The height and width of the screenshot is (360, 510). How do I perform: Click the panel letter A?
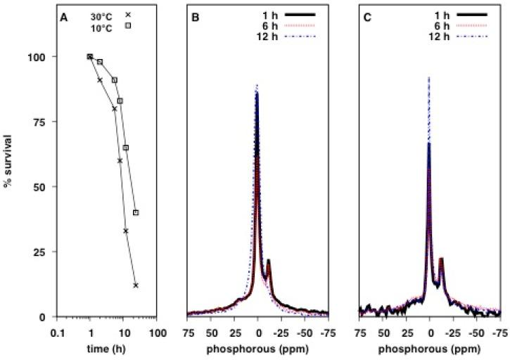coord(64,18)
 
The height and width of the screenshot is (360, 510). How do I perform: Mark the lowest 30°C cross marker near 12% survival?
coord(136,285)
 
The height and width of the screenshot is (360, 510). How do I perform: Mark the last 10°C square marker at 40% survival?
coord(136,212)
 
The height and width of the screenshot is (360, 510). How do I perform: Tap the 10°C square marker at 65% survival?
coord(126,148)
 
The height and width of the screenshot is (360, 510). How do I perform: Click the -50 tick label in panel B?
coord(305,330)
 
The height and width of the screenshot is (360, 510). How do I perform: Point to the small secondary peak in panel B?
coord(269,261)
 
